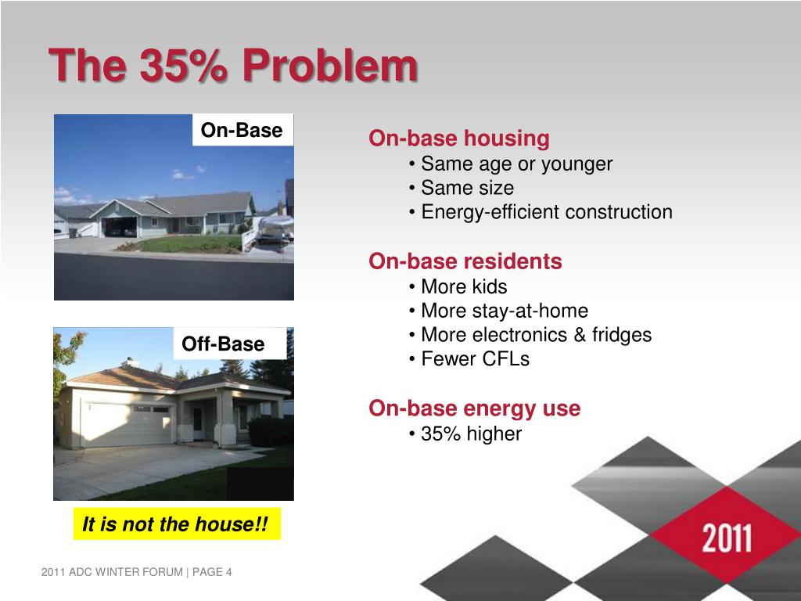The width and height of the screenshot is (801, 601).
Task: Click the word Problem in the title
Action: coord(330,66)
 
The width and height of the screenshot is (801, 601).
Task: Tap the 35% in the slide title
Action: coord(183,66)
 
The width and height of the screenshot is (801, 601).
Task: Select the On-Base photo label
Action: coord(242,130)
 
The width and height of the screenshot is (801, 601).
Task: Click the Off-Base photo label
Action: coord(223,344)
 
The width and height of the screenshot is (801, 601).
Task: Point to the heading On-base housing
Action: coord(458,139)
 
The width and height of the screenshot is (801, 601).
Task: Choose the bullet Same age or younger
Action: coord(516,164)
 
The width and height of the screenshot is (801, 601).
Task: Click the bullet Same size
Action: coord(467,188)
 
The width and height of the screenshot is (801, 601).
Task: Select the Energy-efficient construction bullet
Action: coord(547,212)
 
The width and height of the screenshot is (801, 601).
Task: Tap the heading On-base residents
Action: coord(465,261)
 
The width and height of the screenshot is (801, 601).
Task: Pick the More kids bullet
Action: coord(464,286)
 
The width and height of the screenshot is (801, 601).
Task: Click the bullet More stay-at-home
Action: coord(505,311)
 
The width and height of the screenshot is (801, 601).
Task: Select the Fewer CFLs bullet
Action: coord(475,358)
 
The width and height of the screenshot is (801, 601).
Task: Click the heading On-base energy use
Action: coord(475,408)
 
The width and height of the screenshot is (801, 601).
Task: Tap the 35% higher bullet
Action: coord(471,434)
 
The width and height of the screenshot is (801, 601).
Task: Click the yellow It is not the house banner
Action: coord(177,524)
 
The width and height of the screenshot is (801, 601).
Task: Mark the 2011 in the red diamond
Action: coord(727,538)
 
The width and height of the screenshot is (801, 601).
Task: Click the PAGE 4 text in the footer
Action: coord(212,572)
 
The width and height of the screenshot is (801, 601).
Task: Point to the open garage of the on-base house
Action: coord(120,226)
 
